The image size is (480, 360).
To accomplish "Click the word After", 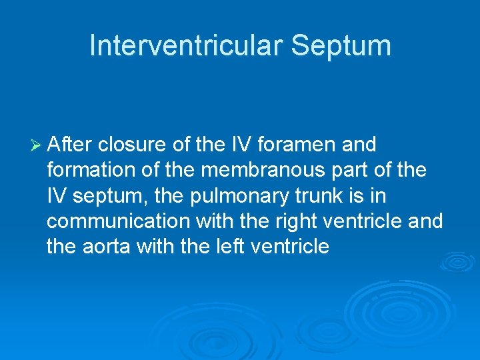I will pos(70,145).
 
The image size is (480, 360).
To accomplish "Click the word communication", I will pos(116,221).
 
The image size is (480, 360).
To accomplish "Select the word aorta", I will pos(107,247).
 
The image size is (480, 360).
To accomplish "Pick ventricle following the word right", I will pos(368,221).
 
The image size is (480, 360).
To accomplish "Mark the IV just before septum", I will pos(55,196).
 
